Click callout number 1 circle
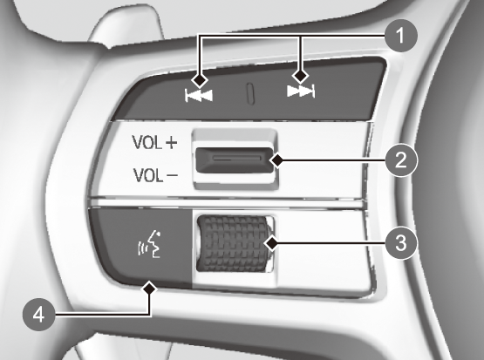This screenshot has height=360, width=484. [400, 36]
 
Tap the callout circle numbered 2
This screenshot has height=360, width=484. [400, 160]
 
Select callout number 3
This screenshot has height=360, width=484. [400, 243]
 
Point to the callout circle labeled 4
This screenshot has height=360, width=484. [38, 315]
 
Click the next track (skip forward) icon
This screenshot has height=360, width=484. [301, 92]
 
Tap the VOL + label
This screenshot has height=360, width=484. [154, 143]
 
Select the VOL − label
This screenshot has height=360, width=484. [155, 175]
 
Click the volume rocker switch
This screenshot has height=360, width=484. [235, 160]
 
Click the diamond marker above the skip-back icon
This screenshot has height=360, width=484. [200, 80]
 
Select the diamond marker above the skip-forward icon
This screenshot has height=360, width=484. [300, 76]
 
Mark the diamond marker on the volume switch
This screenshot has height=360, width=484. [277, 160]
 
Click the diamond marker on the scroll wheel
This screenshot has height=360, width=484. [272, 243]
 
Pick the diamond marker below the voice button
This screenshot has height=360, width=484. [149, 289]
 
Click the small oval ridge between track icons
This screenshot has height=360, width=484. [250, 93]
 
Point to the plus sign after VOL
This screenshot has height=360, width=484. [171, 143]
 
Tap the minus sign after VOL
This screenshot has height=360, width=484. [173, 175]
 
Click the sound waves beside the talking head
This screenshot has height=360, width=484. [141, 248]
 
